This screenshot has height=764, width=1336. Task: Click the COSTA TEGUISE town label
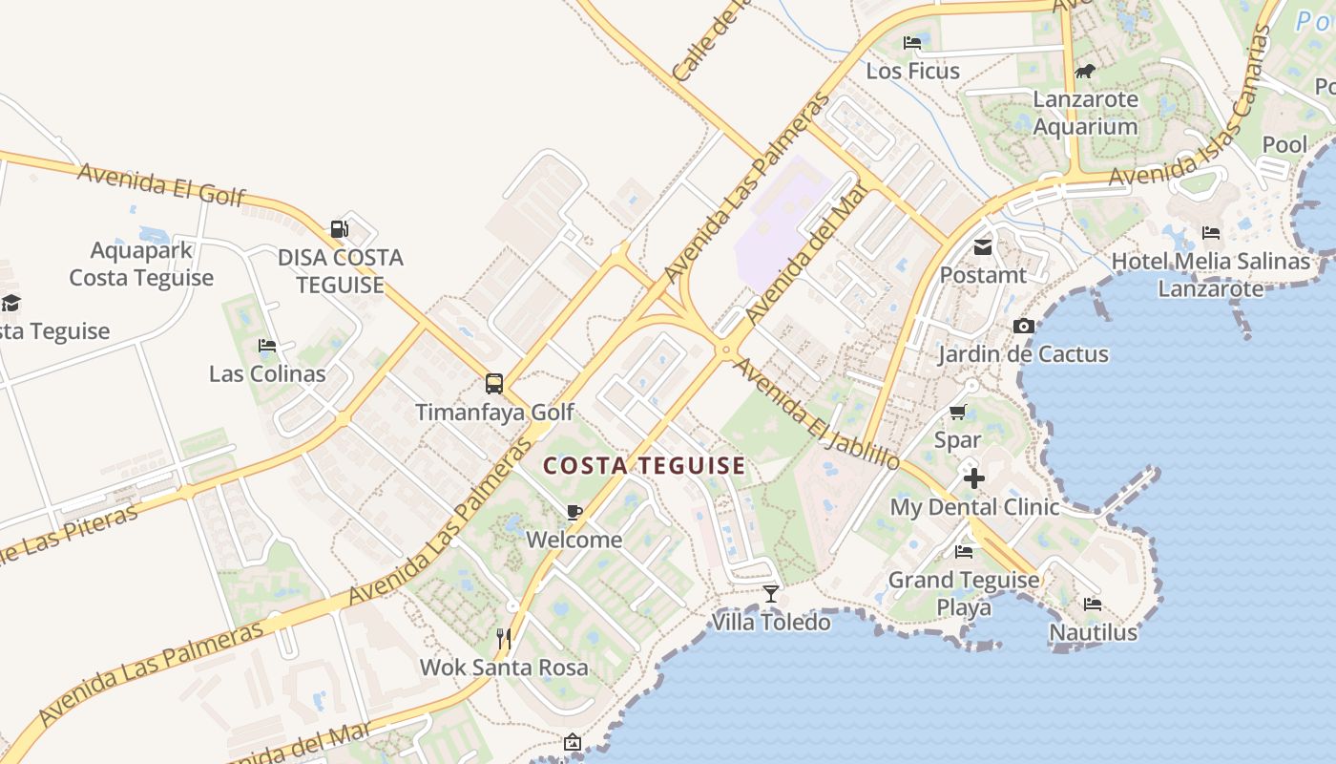click(x=644, y=466)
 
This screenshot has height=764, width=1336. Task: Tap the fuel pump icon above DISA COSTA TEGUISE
click(x=339, y=229)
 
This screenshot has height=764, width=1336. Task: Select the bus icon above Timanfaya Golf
click(x=493, y=384)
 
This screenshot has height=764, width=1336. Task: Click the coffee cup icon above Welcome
click(x=574, y=513)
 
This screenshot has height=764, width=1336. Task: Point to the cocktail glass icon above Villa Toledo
click(x=771, y=594)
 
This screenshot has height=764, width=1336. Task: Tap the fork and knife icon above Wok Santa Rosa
click(x=504, y=639)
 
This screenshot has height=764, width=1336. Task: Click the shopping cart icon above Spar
click(x=957, y=413)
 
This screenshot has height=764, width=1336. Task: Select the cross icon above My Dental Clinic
click(x=974, y=478)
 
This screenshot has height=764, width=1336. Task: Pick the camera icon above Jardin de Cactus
click(x=1023, y=327)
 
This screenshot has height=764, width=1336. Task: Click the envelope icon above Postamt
click(x=982, y=248)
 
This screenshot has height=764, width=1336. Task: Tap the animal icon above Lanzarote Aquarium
click(x=1085, y=72)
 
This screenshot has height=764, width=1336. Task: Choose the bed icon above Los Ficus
click(x=912, y=43)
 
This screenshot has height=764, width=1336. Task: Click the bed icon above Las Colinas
click(x=267, y=346)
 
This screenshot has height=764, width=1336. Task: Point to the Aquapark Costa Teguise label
click(x=141, y=265)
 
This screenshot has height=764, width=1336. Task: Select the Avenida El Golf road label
click(x=161, y=184)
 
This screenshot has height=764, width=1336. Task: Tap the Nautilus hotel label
click(x=1093, y=632)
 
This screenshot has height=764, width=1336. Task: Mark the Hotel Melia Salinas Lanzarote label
click(x=1210, y=274)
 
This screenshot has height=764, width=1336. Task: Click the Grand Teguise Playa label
click(x=963, y=593)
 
